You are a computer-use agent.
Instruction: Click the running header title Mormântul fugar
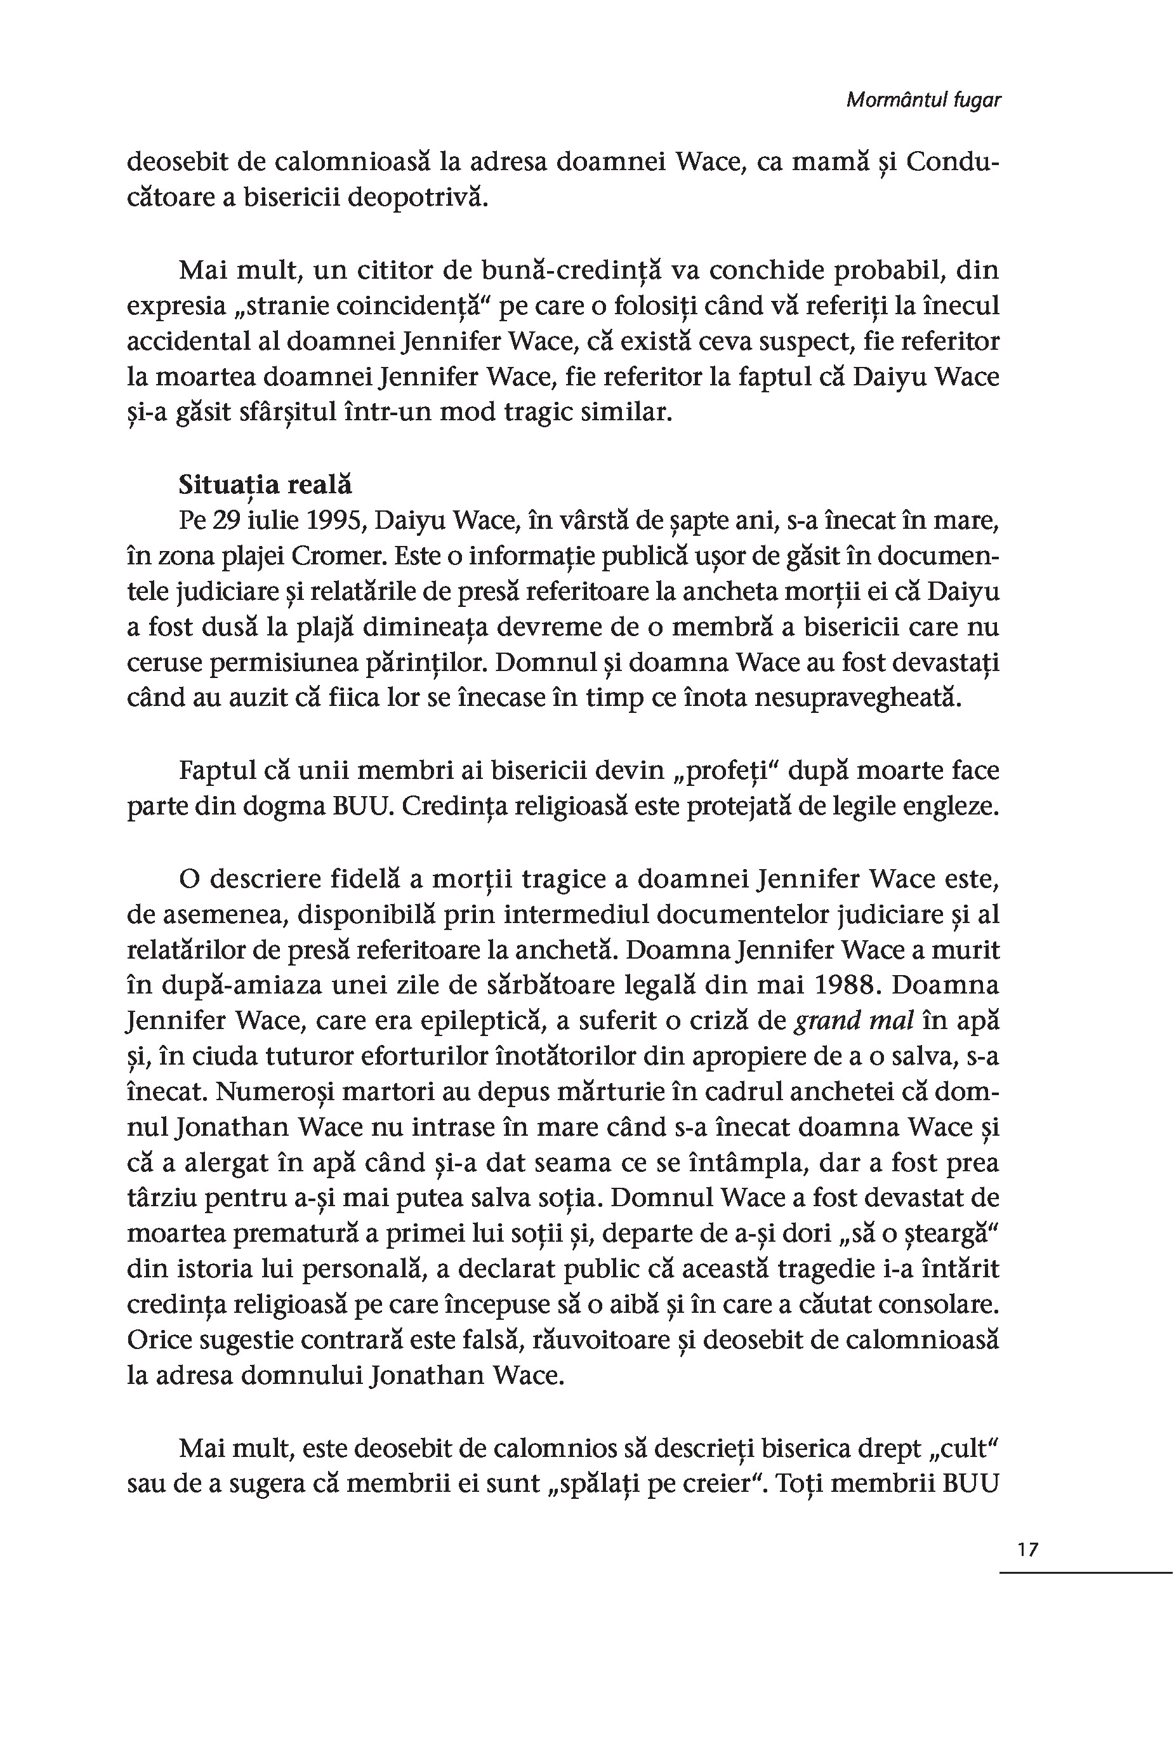tap(923, 100)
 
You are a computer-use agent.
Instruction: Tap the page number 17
tap(1028, 1549)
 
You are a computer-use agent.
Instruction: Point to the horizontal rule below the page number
tap(1085, 1572)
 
